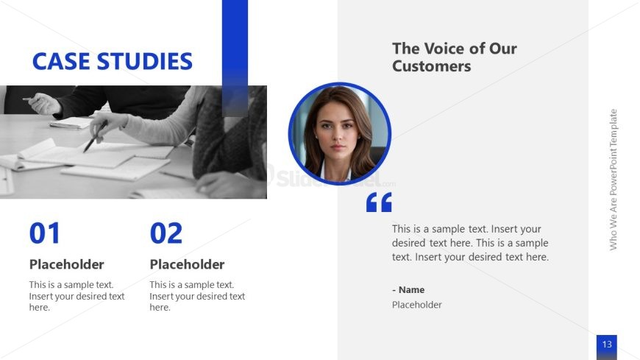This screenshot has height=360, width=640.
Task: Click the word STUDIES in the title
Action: coord(144,61)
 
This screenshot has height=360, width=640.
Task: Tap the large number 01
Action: coord(44,233)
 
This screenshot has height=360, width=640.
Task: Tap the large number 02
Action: coord(166,233)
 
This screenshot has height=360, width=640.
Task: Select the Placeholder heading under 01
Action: coord(66,264)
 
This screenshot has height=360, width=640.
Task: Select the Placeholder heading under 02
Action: coord(187,264)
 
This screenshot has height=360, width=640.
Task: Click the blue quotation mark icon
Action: coord(379,202)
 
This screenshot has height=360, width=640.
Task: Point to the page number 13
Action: coord(607,344)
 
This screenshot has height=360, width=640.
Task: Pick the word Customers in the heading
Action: coord(431,66)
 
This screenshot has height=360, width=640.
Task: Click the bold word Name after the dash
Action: coord(411,290)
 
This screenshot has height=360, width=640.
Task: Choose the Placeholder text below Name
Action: coord(416,305)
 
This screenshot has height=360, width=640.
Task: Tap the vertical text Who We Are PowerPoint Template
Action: coord(613,180)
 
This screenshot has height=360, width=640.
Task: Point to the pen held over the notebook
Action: coord(96,136)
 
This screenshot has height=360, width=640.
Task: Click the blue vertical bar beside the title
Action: coord(235,58)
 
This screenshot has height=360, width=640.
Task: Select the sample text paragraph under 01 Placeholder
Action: coord(77,296)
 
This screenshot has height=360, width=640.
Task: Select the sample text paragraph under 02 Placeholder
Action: coord(197,296)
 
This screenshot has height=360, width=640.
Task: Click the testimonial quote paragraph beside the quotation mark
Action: coord(470,243)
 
